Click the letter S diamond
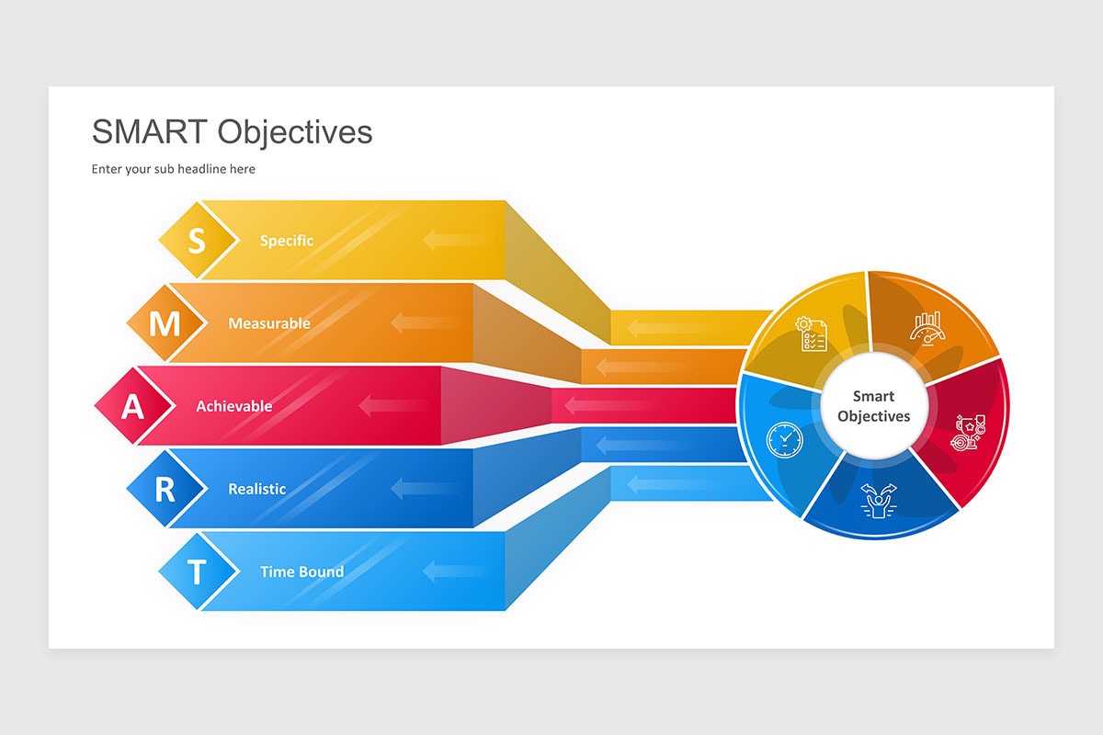197,241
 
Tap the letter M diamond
165,323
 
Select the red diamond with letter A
133,406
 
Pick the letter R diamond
165,489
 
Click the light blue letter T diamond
197,571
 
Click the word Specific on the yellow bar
287,241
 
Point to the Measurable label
269,323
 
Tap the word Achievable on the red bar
234,406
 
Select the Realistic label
257,489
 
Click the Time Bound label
301,571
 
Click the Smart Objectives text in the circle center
873,406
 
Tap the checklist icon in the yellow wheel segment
812,334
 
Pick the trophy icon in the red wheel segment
970,432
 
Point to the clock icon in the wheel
784,439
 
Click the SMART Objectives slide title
232,132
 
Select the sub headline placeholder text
173,169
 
